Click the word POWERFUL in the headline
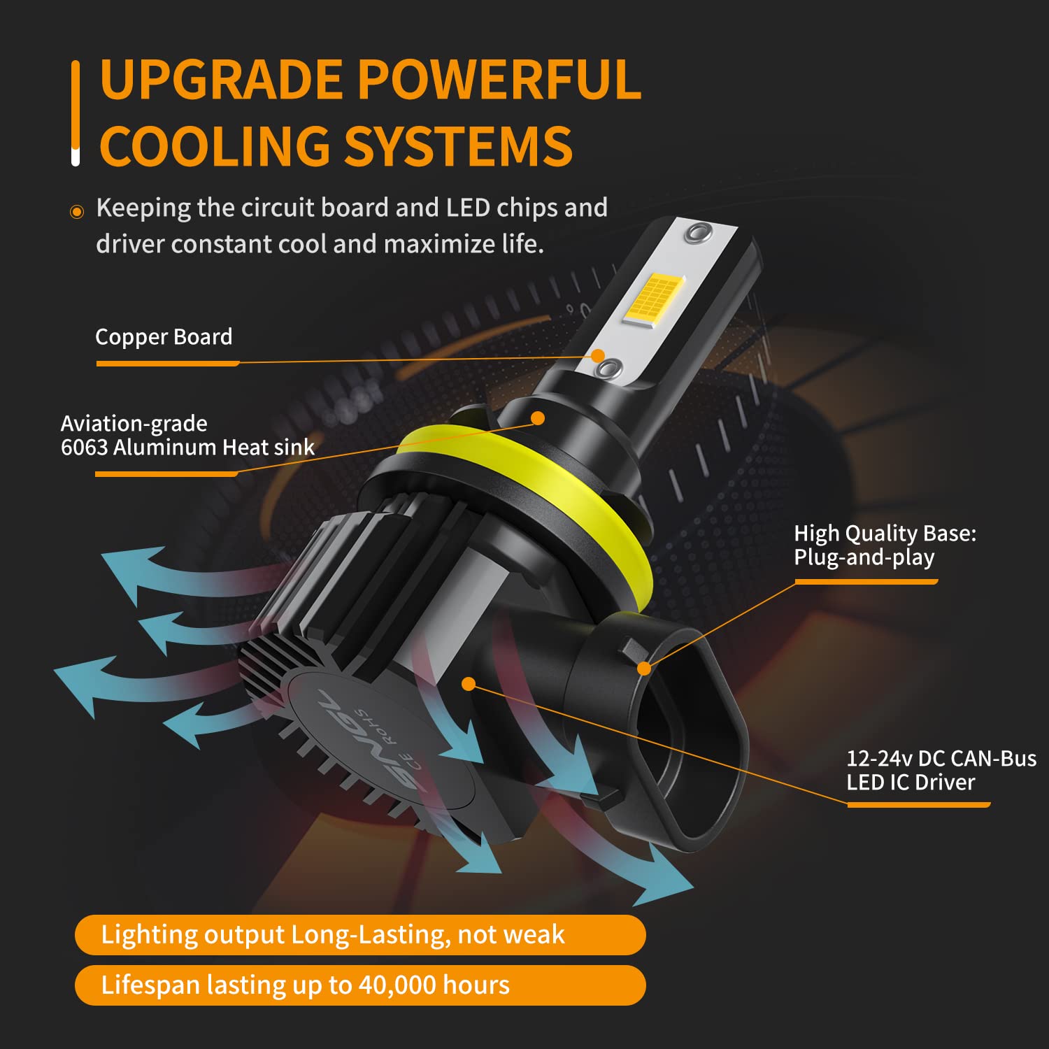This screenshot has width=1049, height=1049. (x=499, y=78)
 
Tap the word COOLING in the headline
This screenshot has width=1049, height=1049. (x=215, y=146)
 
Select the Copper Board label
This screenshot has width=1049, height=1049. (x=164, y=336)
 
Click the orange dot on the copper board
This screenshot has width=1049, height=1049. (x=598, y=356)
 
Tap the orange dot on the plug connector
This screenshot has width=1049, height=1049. (x=645, y=669)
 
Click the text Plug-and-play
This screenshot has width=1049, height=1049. (x=864, y=557)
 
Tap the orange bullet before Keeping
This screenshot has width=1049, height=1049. (x=77, y=212)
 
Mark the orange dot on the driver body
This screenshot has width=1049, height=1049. (x=469, y=684)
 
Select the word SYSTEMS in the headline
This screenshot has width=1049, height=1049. (x=459, y=146)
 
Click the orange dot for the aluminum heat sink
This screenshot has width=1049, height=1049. (x=538, y=418)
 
